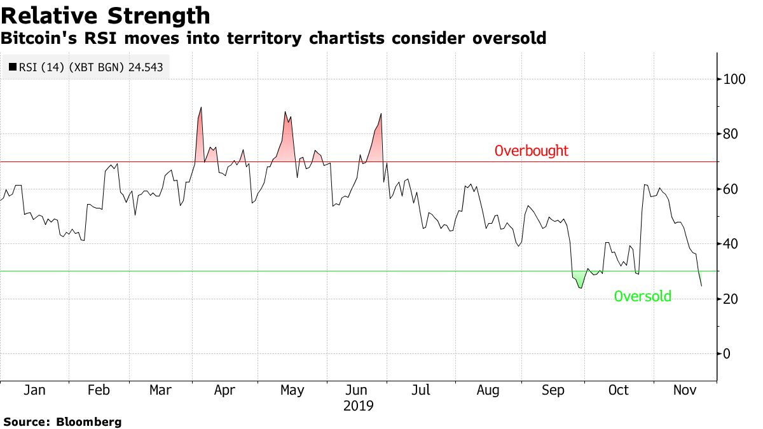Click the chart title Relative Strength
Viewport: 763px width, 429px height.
[106, 15]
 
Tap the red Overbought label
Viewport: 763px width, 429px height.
[532, 151]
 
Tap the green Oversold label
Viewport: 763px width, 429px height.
[642, 296]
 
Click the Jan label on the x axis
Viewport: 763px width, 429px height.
[33, 390]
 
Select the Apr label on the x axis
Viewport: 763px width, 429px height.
[226, 390]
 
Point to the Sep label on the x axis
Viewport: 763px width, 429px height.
[553, 390]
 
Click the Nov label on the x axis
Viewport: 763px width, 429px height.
[685, 390]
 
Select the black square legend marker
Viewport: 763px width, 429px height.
[13, 66]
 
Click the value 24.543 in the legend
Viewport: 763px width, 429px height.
[146, 66]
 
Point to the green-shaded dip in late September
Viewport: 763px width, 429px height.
[579, 280]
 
